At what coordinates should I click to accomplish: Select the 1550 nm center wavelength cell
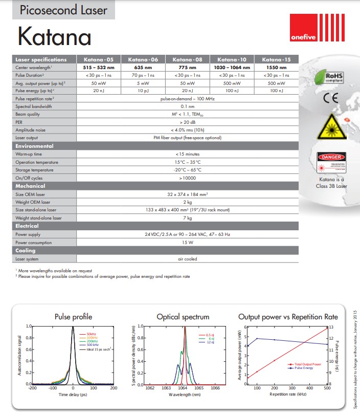click(276, 68)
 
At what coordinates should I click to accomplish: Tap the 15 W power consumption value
click(188, 243)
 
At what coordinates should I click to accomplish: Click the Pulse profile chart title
click(73, 317)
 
